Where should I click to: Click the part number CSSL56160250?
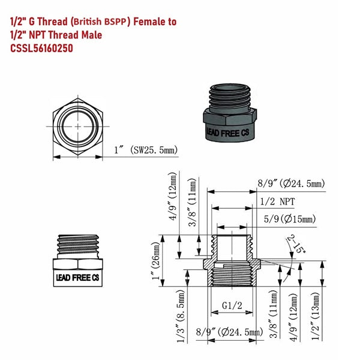click(x=41, y=49)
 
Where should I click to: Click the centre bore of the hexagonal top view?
click(x=77, y=124)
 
